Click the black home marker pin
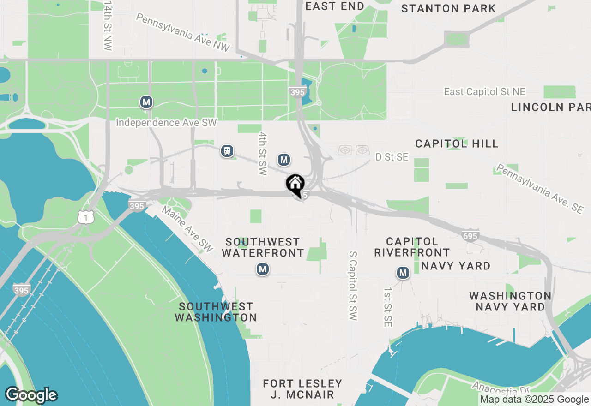pyautogui.click(x=295, y=185)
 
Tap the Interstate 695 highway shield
pyautogui.click(x=470, y=236)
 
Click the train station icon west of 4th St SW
pyautogui.click(x=227, y=151)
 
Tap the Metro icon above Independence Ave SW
pyautogui.click(x=146, y=102)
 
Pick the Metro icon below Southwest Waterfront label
pyautogui.click(x=263, y=269)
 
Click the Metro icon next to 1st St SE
pyautogui.click(x=403, y=273)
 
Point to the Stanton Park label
pyautogui.click(x=448, y=8)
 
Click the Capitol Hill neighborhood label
pyautogui.click(x=457, y=143)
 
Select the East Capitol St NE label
pyautogui.click(x=484, y=92)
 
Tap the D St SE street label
pyautogui.click(x=392, y=157)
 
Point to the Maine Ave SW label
pyautogui.click(x=187, y=229)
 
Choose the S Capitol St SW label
pyautogui.click(x=353, y=286)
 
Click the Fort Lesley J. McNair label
pyautogui.click(x=302, y=389)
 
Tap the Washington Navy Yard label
pyautogui.click(x=510, y=301)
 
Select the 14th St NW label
pyautogui.click(x=108, y=25)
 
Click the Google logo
pyautogui.click(x=31, y=395)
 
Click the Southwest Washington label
pyautogui.click(x=216, y=312)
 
